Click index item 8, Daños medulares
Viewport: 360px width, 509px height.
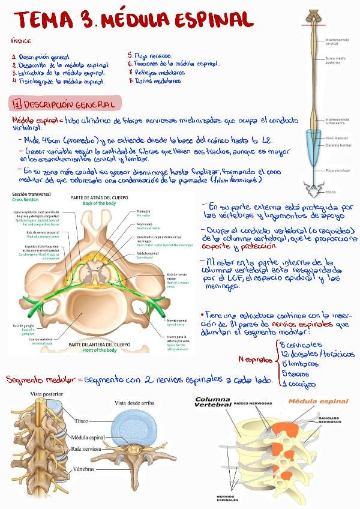point(158,80)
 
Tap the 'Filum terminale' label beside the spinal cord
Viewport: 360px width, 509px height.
point(337,170)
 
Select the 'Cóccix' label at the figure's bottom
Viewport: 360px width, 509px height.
point(331,192)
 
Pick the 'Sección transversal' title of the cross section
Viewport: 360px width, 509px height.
point(31,195)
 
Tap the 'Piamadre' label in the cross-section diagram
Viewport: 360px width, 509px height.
point(143,212)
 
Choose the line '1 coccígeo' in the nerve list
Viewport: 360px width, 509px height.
point(300,384)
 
